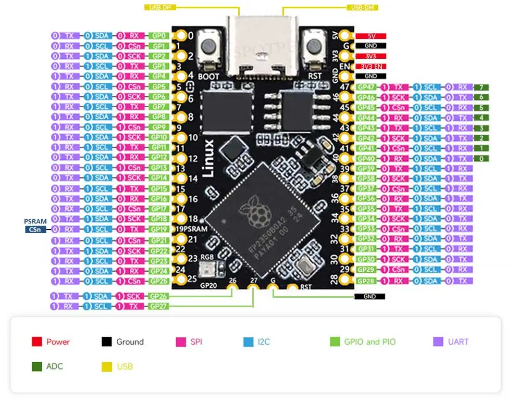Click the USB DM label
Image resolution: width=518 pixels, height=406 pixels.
(x=363, y=7)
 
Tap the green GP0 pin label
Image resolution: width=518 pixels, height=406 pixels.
(x=158, y=36)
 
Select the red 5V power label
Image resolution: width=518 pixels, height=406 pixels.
(x=371, y=36)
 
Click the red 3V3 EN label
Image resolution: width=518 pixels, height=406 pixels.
(x=371, y=66)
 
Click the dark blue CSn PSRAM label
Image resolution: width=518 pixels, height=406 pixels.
(x=35, y=229)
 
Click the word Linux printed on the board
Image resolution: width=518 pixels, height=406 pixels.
(x=208, y=159)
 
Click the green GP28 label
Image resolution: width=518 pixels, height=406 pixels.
(x=367, y=281)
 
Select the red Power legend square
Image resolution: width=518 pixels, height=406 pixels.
(x=36, y=342)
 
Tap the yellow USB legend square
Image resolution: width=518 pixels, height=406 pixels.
(x=106, y=366)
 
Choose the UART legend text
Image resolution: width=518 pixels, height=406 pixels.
(x=458, y=342)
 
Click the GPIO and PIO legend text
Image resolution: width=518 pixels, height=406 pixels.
(x=369, y=342)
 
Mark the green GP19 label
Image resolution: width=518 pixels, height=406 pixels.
(x=158, y=229)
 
